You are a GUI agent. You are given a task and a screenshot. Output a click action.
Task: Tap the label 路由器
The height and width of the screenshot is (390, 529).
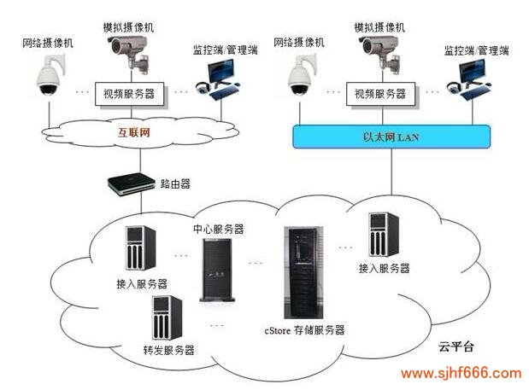pos(175,183)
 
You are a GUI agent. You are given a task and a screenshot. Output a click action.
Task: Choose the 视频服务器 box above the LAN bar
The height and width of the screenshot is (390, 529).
pos(376,94)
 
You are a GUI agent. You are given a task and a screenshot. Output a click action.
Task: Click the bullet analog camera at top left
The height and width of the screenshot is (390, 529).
pos(132,53)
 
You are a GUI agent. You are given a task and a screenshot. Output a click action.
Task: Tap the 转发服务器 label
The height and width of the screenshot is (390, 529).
pos(168,350)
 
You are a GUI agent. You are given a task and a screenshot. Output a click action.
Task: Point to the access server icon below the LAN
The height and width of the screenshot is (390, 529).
pos(382,235)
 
